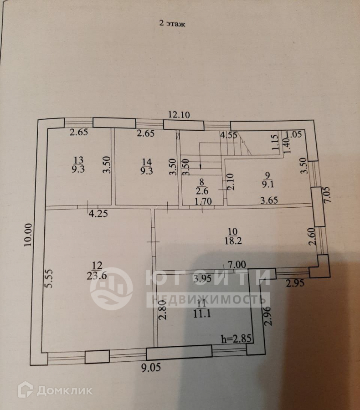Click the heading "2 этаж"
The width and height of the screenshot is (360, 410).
[x=172, y=24]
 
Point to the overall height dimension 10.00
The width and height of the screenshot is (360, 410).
[x=28, y=235]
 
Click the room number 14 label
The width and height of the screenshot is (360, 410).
[x=145, y=161]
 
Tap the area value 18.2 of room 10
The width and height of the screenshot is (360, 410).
[x=232, y=241]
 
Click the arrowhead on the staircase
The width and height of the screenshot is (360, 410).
[x=201, y=169]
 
